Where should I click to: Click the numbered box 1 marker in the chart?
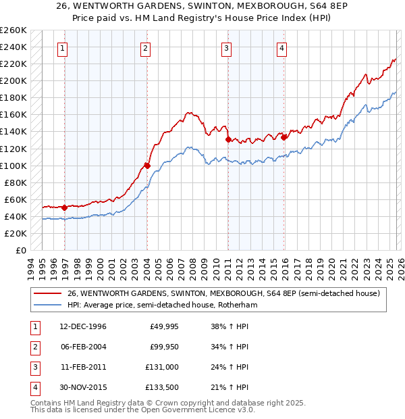click(63, 47)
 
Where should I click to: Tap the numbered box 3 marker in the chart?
click(226, 47)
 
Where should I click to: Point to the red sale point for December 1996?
click(64, 207)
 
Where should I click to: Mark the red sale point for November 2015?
click(283, 137)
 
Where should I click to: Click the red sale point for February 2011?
click(228, 139)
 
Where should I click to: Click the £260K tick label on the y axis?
click(13, 30)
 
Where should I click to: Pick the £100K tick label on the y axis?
click(13, 166)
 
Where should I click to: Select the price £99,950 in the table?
click(164, 347)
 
